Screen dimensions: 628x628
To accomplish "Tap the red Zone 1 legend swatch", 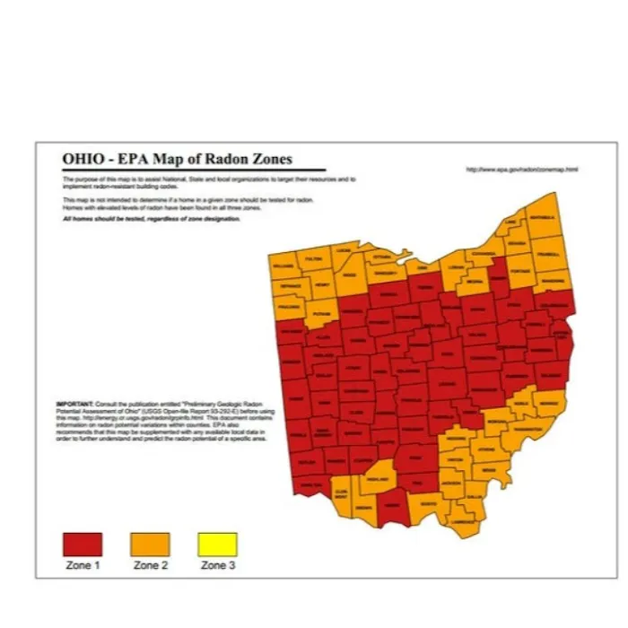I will [83, 544].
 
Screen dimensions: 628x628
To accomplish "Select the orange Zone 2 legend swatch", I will [150, 544].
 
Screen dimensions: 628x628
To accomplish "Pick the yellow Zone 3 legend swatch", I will [217, 544].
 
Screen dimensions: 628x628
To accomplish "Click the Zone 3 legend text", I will [214, 566].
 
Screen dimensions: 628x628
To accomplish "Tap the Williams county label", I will [282, 266].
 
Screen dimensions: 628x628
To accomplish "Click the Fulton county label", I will [313, 258].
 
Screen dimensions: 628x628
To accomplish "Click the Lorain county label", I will [456, 266].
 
